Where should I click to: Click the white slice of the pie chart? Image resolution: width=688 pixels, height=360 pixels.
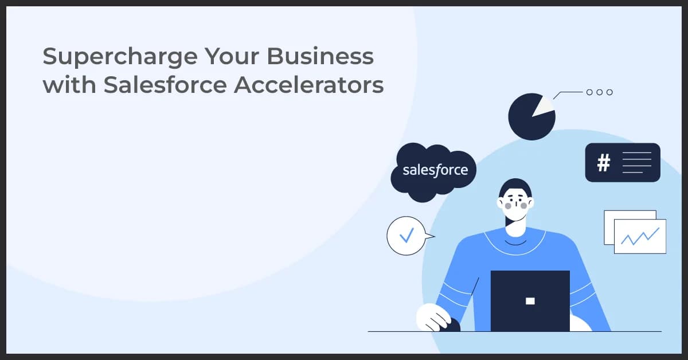pos(544,105)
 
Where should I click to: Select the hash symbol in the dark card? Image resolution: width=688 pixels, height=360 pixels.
pos(603,163)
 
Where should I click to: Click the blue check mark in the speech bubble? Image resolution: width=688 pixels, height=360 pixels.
pos(406,235)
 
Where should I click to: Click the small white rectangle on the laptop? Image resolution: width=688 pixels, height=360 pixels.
pos(530,300)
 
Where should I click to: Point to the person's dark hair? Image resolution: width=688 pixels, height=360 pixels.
pos(515,187)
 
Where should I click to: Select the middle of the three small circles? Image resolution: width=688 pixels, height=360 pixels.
pos(599,92)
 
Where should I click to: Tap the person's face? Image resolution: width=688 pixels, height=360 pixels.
pos(515,206)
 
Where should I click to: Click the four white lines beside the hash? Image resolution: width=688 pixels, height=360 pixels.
pos(636,163)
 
